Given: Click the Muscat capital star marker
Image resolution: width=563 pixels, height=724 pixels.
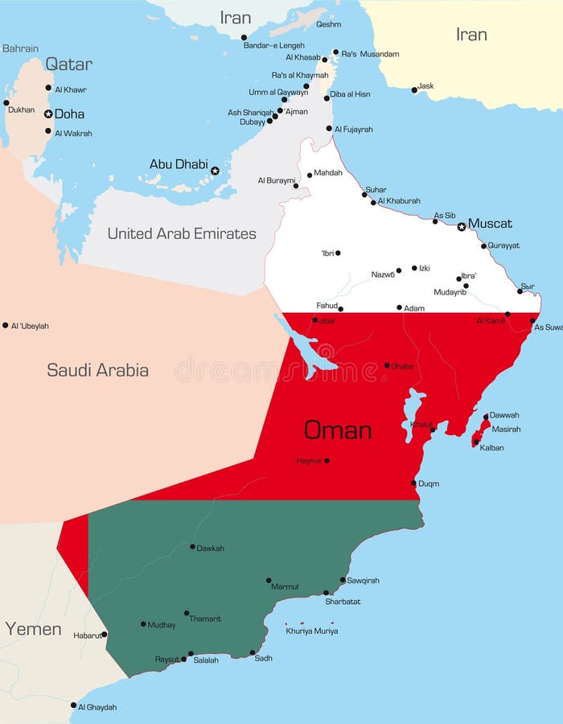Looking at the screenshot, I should click(462, 227).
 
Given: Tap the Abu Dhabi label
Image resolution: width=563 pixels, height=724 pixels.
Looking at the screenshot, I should click(179, 164).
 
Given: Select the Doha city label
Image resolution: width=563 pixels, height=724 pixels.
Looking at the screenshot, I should click(69, 114).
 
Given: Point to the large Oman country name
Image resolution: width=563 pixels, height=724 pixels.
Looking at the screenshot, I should click(338, 430).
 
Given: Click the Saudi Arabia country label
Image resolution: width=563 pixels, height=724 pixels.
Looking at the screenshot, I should click(97, 370).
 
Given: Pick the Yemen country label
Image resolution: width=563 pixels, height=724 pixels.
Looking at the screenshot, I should click(33, 629).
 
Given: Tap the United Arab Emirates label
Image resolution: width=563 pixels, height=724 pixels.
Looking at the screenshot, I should click(182, 233).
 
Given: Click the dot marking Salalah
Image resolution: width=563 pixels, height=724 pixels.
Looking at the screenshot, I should click(191, 654).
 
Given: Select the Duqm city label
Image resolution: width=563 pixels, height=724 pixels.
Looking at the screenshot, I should click(429, 483).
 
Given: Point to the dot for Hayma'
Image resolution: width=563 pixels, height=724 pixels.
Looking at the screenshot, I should click(327, 461).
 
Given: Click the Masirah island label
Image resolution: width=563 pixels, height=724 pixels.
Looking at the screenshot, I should click(506, 429).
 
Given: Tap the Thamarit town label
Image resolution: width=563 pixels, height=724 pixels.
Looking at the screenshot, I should click(205, 619).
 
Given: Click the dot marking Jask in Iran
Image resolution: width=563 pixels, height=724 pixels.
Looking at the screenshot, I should click(414, 90).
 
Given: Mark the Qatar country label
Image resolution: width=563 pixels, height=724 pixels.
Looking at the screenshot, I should click(68, 64).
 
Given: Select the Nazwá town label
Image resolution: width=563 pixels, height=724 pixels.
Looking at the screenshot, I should click(383, 274).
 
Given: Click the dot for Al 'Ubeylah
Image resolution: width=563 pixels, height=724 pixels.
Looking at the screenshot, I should click(5, 326).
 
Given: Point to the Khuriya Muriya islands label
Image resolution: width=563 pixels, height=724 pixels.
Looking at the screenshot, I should click(312, 631).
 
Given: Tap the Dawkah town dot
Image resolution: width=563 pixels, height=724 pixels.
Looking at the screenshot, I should click(192, 547).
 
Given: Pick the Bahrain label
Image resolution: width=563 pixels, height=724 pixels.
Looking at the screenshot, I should click(20, 49).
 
